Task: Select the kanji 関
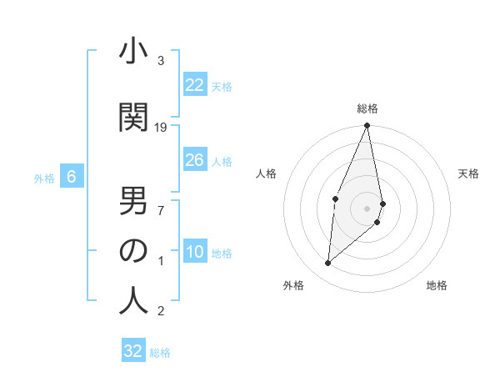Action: tap(133, 117)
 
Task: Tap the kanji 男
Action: tap(133, 201)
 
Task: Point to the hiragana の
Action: tap(133, 250)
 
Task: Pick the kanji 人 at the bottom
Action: tap(133, 300)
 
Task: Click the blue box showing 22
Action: tap(195, 85)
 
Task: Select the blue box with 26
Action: tap(195, 160)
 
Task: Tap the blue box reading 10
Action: tap(195, 252)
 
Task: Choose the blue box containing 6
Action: tap(72, 177)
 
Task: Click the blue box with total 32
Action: tap(133, 351)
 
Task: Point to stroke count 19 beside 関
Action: tap(161, 128)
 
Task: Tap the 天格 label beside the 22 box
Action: tap(222, 86)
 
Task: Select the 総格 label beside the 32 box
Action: tap(160, 352)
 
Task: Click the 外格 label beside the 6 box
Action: tap(44, 178)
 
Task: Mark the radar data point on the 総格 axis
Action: tap(367, 126)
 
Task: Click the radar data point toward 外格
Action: tap(327, 264)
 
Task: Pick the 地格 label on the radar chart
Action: tap(437, 286)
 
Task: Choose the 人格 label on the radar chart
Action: tap(267, 173)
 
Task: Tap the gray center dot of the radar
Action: tap(367, 208)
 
